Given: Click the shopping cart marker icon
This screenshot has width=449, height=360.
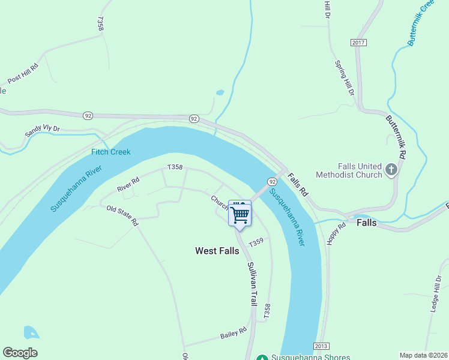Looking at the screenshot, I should coord(240,214).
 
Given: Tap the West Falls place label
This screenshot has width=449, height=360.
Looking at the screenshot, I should coord(217,251).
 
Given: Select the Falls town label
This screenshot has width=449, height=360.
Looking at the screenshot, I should coord(367,222).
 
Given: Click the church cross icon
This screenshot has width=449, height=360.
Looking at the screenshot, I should coord(391,170).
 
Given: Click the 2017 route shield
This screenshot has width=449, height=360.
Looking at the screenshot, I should coord(359,42).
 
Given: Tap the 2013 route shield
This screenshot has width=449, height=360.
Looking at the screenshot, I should coord(321,347).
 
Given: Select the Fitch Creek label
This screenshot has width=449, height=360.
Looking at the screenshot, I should coord(111,152).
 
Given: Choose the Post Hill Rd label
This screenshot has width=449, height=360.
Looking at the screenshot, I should coord(23,73).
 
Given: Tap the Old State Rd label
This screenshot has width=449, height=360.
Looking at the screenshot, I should coord(122,215).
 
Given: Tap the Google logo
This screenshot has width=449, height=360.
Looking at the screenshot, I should coord(20,353).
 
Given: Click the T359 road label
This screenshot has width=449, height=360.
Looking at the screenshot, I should coord(256,242).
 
